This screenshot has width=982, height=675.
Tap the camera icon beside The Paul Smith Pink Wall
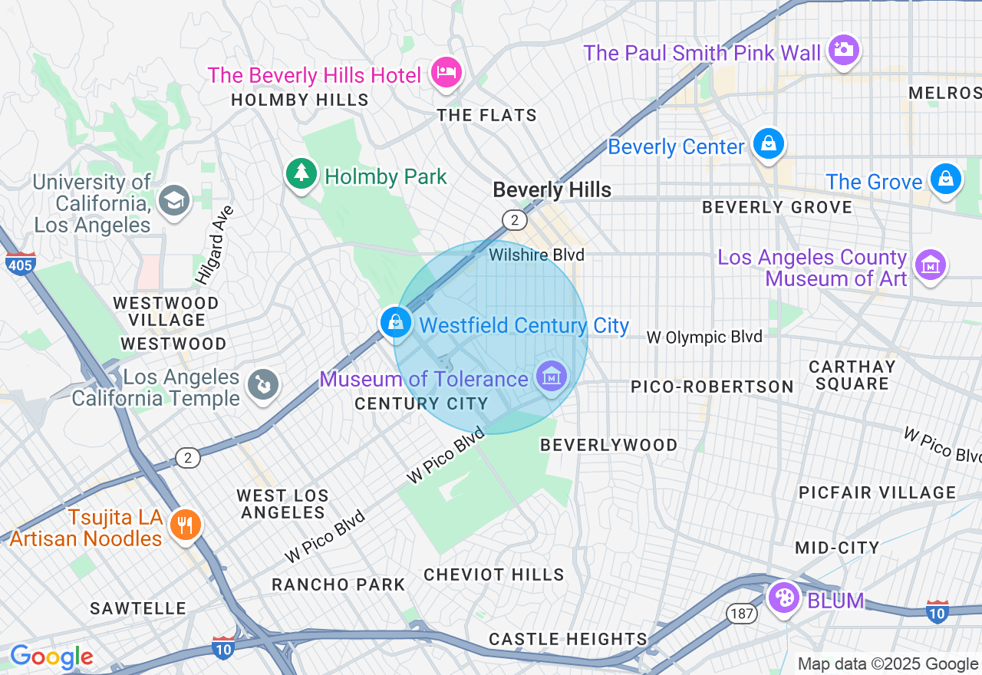pos(843,50)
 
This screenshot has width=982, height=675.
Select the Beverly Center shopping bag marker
pos(767,143)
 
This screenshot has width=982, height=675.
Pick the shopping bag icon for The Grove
pos(945,179)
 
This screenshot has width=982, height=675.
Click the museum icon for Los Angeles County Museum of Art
pos(931,265)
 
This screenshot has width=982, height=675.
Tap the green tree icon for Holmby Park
pos(302,173)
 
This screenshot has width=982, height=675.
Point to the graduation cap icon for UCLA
pos(174,201)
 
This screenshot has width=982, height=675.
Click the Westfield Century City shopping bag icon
pos(396,322)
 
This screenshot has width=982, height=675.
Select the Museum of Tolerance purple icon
pos(552,376)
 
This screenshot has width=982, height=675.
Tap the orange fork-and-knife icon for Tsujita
pos(185,525)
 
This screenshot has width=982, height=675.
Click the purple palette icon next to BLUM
pos(783,598)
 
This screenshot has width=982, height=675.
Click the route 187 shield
pos(742,613)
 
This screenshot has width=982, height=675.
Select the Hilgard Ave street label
pos(214,245)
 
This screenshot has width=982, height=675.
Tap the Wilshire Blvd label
pos(536,255)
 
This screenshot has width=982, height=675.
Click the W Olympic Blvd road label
pos(704,337)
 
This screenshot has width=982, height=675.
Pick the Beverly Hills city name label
pos(552,190)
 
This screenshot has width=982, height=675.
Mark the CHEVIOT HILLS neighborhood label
pos(493,575)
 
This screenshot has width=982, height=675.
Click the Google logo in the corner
pos(51,657)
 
